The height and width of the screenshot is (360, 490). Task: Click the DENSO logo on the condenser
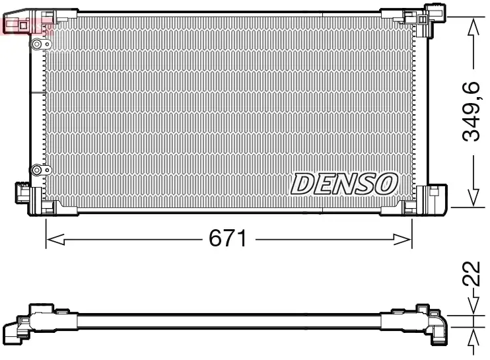point(344,184)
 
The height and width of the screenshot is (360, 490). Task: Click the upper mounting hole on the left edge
point(38,44)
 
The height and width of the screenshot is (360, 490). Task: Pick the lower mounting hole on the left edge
point(38,169)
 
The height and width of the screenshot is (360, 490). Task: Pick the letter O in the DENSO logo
point(386,184)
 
